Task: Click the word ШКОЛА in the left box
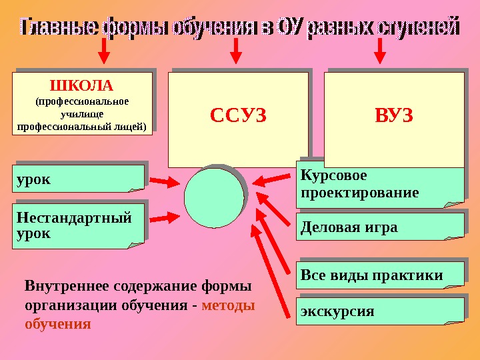click(83, 86)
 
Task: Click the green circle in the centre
click(214, 197)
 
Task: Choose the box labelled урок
click(78, 179)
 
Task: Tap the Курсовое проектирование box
click(379, 184)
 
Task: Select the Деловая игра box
click(379, 227)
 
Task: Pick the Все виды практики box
click(379, 275)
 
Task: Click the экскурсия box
click(379, 311)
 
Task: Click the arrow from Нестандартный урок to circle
click(164, 217)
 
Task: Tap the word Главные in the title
click(59, 27)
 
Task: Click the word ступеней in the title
click(419, 27)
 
